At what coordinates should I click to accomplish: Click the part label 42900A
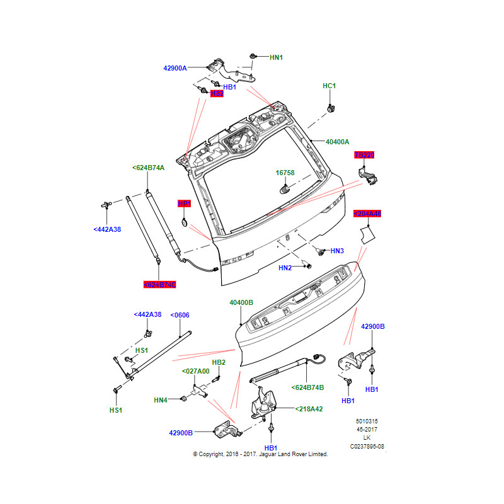click(x=175, y=68)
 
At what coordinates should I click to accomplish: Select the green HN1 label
click(x=276, y=57)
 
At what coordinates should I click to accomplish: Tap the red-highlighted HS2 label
click(x=217, y=94)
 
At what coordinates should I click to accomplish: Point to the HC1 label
click(x=329, y=86)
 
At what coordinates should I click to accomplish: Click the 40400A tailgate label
click(x=337, y=142)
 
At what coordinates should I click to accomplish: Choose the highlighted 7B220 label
click(x=364, y=155)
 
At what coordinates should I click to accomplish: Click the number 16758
click(x=285, y=173)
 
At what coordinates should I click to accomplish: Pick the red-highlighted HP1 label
click(x=184, y=203)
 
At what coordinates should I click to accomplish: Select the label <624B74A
click(x=149, y=168)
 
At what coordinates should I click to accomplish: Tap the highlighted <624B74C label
click(x=160, y=285)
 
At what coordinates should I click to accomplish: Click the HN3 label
click(x=337, y=251)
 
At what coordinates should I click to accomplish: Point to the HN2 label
click(x=285, y=268)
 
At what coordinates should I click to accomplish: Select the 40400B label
click(x=241, y=303)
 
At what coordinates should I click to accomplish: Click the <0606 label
click(x=180, y=314)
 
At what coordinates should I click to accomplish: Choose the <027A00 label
click(x=195, y=372)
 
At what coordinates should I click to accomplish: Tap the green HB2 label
click(x=219, y=362)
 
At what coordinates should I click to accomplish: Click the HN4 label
click(x=161, y=400)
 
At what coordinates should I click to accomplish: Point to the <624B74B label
click(x=307, y=387)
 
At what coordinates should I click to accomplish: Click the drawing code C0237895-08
click(x=367, y=447)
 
